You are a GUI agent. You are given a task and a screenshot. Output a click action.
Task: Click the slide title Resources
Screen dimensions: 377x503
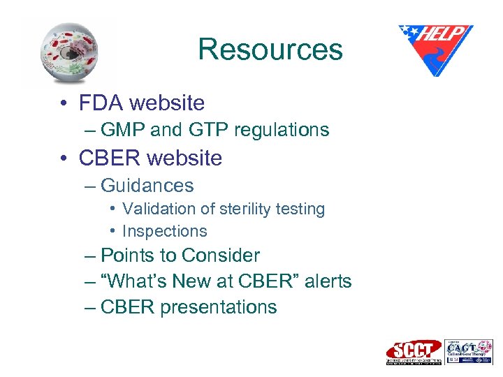(270, 50)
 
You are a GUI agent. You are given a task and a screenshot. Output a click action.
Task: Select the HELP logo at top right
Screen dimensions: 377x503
(435, 49)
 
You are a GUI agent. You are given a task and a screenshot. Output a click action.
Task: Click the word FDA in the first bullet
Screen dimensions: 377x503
(102, 103)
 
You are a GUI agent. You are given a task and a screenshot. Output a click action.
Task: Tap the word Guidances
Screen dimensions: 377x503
(147, 186)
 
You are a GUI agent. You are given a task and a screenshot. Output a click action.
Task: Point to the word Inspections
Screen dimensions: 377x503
(165, 231)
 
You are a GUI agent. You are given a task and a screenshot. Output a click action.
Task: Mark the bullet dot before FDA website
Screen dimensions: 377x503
(64, 104)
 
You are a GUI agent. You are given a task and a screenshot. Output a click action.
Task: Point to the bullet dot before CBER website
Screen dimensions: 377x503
(64, 158)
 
